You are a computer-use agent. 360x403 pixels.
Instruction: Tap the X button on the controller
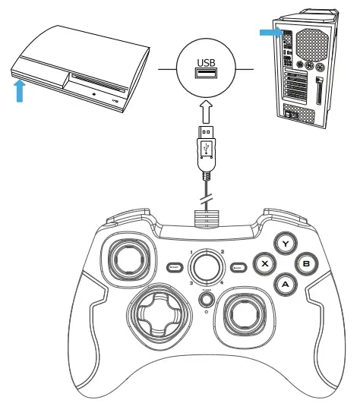264,264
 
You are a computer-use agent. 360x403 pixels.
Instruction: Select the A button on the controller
284,284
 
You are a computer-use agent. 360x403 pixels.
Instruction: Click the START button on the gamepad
174,267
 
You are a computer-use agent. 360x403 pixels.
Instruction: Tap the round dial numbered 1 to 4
205,266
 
